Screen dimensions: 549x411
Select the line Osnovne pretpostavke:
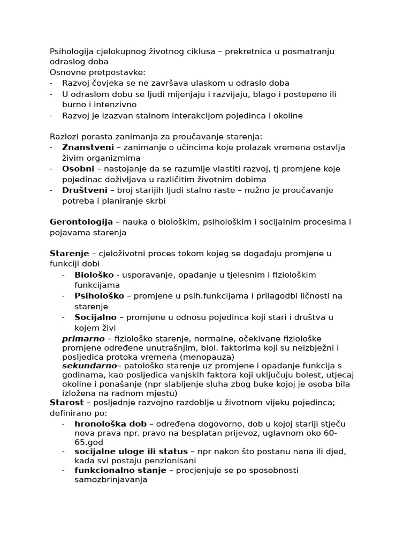[97, 72]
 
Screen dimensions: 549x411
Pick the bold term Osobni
[78, 168]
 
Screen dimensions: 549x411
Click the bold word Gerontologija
[81, 221]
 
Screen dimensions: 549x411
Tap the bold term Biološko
[94, 274]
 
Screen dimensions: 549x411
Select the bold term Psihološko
[100, 296]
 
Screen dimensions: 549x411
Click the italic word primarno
[83, 338]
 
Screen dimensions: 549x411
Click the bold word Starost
[66, 402]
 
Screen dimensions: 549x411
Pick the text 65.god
[89, 442]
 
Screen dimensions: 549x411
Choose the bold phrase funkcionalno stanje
[120, 470]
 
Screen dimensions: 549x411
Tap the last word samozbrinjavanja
[111, 480]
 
